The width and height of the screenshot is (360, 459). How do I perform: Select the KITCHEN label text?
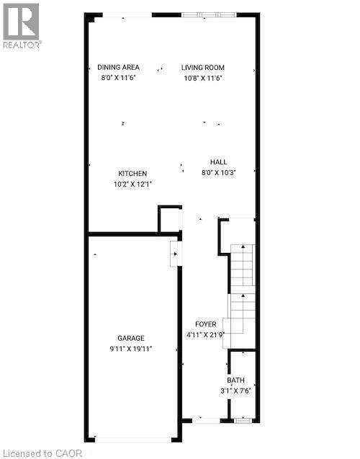point(132,174)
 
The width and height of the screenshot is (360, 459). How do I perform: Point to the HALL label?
point(218,162)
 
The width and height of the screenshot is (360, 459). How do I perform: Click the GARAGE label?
point(131,338)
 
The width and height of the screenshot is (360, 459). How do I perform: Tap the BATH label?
point(235,380)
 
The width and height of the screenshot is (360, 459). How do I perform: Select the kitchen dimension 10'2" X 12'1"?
point(132,184)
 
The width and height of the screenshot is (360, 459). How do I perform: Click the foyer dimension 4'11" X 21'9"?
point(206,334)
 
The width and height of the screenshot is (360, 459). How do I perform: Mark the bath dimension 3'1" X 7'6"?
point(235,391)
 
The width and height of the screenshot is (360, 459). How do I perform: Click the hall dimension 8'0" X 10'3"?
point(218,172)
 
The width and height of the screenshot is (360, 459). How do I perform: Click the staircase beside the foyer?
point(242,288)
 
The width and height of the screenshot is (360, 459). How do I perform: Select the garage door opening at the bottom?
point(132,439)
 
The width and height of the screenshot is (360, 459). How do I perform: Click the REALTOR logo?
point(22,25)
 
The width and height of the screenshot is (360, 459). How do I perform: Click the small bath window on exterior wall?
point(243,419)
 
